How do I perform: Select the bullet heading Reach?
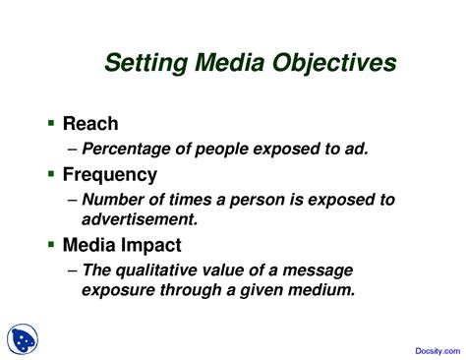pyautogui.click(x=89, y=124)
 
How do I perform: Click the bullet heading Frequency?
pyautogui.click(x=109, y=175)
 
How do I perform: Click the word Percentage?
pyautogui.click(x=127, y=150)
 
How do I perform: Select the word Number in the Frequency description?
pyautogui.click(x=112, y=200)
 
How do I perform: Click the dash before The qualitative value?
pyautogui.click(x=73, y=270)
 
